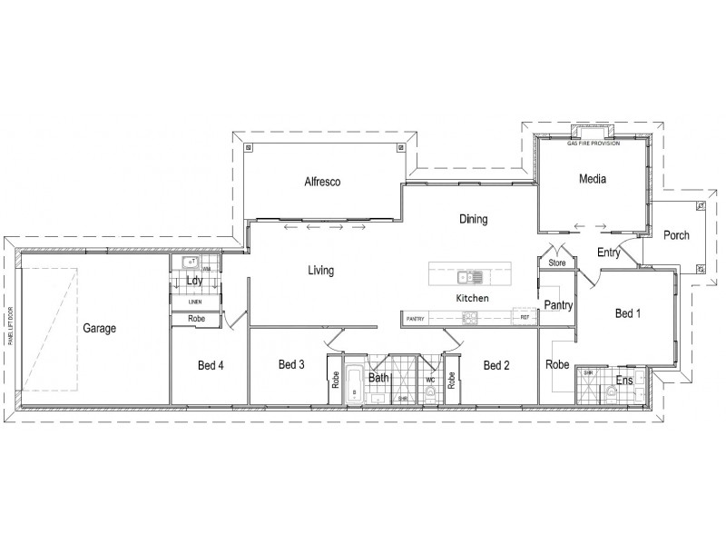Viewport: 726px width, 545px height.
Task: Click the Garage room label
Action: tap(100, 328)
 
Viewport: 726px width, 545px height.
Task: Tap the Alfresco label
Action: tap(322, 182)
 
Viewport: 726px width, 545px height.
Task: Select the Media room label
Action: tap(592, 179)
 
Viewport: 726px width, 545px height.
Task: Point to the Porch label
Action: tap(676, 235)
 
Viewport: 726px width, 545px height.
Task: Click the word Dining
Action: tap(473, 219)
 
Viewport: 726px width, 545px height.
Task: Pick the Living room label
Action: tap(321, 270)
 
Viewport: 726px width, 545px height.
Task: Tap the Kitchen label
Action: tap(472, 298)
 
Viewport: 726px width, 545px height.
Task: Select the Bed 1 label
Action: tap(628, 313)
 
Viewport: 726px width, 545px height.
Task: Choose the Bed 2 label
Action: tap(496, 365)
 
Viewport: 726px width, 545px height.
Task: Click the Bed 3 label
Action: tap(290, 365)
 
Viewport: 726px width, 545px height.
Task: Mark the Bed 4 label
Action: tap(211, 366)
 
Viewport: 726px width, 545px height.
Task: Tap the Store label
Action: tap(557, 263)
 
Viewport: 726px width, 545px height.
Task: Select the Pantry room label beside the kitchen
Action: tap(557, 306)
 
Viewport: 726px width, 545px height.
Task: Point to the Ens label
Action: tap(624, 380)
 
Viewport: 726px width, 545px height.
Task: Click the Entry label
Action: tap(608, 253)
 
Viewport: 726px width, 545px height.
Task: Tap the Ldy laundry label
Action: tap(194, 281)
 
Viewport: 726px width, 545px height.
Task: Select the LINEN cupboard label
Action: tap(195, 302)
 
